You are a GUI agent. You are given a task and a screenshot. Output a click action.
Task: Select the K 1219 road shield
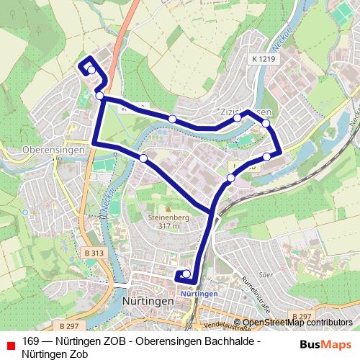[265, 58]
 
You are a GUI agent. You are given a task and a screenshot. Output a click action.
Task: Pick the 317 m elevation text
[170, 225]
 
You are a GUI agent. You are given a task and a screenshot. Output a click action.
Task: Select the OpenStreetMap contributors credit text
[297, 323]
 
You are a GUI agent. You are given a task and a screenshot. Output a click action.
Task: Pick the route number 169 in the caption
[30, 341]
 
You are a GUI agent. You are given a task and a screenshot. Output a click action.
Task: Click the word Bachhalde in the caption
[234, 341]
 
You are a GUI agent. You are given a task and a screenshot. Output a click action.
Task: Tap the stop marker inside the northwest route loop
[91, 69]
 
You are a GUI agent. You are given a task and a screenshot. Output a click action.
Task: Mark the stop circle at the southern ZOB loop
[186, 274]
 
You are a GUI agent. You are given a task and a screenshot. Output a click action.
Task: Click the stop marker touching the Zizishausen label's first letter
[237, 117]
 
